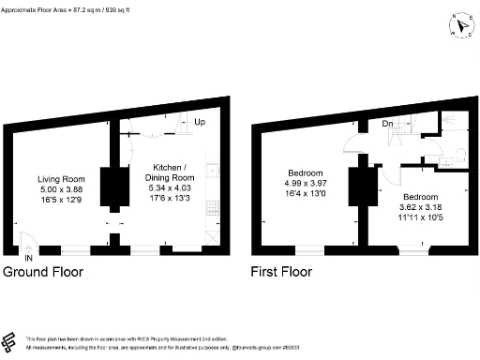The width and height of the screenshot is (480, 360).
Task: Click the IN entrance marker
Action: pyautogui.click(x=29, y=257)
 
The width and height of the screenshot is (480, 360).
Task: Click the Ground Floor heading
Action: pyautogui.click(x=42, y=274)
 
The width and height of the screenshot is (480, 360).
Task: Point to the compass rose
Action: pyautogui.click(x=459, y=25)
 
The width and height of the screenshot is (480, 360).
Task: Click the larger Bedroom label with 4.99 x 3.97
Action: pyautogui.click(x=307, y=173)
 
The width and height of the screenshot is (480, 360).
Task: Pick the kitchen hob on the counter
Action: pyautogui.click(x=215, y=172)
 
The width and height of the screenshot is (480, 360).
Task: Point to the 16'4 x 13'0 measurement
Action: pyautogui.click(x=307, y=194)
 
